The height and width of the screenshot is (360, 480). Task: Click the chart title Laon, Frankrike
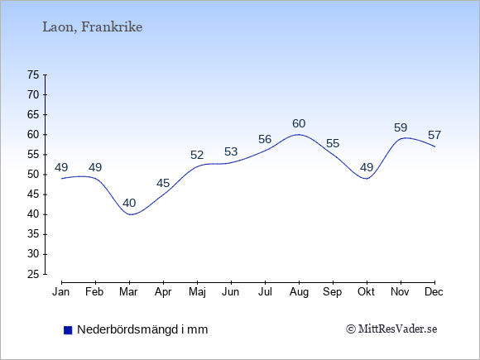click(92, 27)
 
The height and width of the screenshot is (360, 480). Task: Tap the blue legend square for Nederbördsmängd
click(68, 330)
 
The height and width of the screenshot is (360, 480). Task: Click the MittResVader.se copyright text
click(391, 329)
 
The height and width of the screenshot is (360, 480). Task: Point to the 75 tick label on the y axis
click(33, 74)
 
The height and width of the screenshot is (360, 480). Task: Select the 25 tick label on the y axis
click(33, 274)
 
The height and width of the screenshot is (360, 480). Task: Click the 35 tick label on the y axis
click(33, 234)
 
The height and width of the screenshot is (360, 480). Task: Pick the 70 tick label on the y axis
click(33, 95)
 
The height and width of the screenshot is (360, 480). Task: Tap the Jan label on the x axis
click(61, 292)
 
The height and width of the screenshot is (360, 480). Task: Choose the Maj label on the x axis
click(197, 292)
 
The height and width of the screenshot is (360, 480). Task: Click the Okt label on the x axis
click(366, 292)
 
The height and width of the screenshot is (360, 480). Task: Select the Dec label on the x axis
click(434, 292)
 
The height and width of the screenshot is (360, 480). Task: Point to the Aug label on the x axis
click(299, 292)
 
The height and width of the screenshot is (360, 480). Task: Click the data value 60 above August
click(299, 123)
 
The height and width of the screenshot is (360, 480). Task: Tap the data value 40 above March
click(129, 203)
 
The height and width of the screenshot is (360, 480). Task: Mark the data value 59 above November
click(401, 127)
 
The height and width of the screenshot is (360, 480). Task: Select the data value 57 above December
click(434, 135)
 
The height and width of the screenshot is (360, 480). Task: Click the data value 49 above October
click(367, 167)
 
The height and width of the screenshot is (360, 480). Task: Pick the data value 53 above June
click(231, 151)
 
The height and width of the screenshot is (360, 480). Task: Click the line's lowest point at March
click(131, 214)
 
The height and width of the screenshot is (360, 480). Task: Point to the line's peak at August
click(299, 135)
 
